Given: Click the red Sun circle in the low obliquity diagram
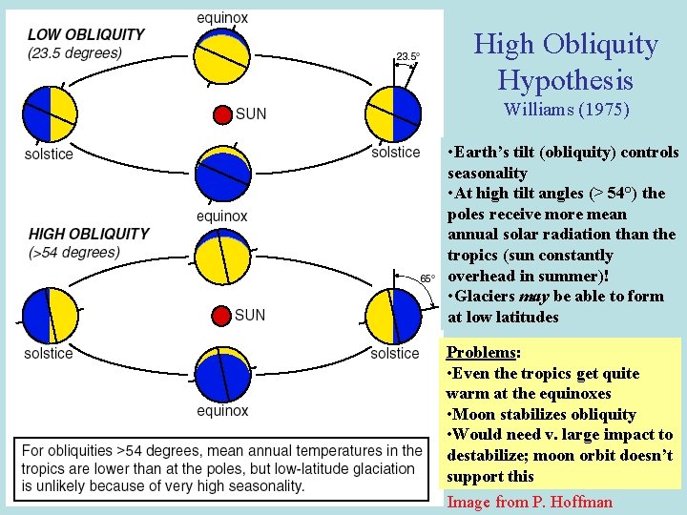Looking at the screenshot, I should [222, 114].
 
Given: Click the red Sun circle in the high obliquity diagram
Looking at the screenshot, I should [222, 315].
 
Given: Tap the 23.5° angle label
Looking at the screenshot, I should [407, 57].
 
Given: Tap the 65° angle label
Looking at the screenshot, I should [427, 278].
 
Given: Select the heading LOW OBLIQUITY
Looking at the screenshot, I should [86, 34].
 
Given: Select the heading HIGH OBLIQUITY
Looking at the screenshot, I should [89, 234].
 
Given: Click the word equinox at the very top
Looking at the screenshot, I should [222, 17].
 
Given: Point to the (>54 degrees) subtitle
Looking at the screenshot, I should [74, 253].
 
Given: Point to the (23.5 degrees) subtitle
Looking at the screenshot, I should [75, 52].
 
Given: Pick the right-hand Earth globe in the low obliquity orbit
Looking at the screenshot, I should [393, 114].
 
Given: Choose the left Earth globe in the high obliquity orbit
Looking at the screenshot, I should [50, 315].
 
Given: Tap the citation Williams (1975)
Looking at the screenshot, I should [566, 110].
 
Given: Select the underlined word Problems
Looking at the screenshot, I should [481, 352].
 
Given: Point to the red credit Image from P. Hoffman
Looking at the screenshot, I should [530, 502].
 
